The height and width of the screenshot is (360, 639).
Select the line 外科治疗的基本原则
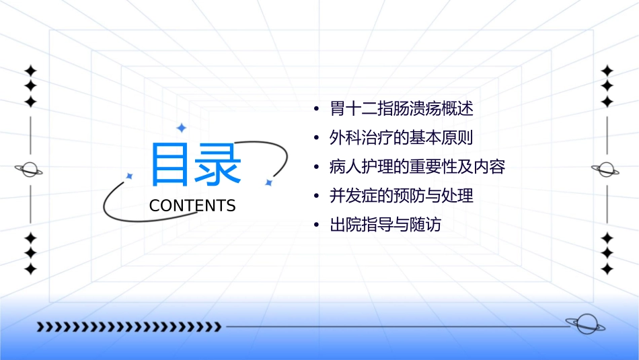[402, 138]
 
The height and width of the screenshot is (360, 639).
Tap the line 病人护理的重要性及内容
[417, 167]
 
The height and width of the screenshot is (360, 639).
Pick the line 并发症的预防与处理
[402, 196]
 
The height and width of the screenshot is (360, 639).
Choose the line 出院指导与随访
[385, 225]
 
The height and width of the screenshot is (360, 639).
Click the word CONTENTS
[192, 206]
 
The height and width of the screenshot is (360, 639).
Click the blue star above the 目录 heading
[180, 127]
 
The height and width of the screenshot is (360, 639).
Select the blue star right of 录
[268, 182]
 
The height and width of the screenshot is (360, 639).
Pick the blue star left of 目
[129, 176]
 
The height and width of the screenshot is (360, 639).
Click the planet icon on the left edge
[30, 170]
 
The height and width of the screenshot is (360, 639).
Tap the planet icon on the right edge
[607, 170]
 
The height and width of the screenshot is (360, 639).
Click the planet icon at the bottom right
[584, 324]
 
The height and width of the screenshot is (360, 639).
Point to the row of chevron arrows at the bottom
[129, 327]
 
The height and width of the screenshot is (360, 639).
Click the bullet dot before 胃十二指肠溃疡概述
[316, 109]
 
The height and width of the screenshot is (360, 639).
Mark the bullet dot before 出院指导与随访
[316, 225]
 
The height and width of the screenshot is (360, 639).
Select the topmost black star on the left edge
[30, 70]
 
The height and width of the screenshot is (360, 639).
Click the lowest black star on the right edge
[607, 268]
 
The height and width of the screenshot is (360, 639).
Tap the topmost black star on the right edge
[607, 70]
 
